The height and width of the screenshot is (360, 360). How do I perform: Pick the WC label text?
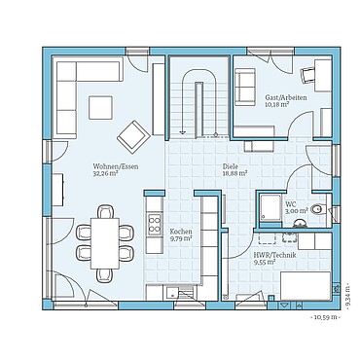pyautogui.click(x=290, y=202)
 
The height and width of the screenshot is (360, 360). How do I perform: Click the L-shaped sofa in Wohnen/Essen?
pyautogui.click(x=68, y=92)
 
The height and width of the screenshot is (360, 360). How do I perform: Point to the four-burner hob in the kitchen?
pyautogui.click(x=154, y=227)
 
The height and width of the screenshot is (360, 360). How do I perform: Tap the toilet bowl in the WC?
pyautogui.click(x=315, y=207)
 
